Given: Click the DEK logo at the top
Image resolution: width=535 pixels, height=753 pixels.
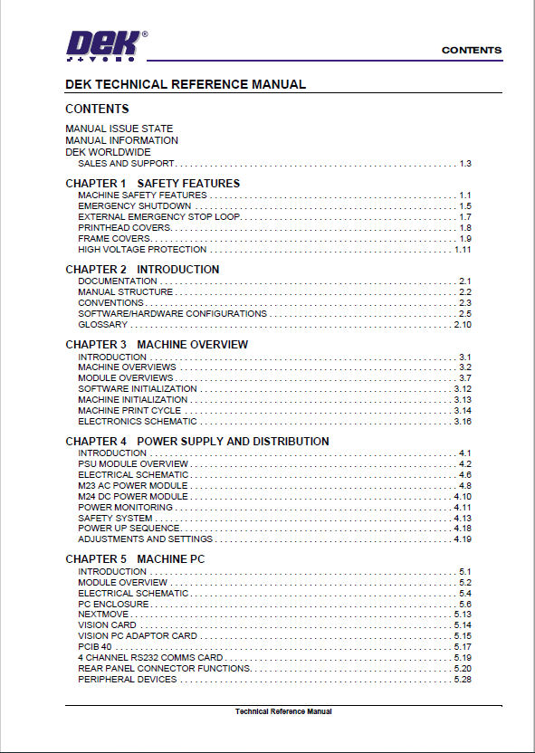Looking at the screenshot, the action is click(x=101, y=44).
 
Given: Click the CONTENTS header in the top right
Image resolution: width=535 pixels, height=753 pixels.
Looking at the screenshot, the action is click(x=471, y=51).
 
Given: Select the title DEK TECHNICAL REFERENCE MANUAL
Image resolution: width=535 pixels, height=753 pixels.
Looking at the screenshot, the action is click(x=186, y=85).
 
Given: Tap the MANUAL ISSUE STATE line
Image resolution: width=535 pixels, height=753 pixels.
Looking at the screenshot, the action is click(x=119, y=129).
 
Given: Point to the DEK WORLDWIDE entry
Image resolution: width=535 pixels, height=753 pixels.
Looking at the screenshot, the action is click(x=108, y=152).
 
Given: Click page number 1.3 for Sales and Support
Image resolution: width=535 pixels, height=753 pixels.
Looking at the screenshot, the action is click(x=465, y=164).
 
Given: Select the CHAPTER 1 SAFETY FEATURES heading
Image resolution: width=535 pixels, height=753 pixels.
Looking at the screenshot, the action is click(x=152, y=184).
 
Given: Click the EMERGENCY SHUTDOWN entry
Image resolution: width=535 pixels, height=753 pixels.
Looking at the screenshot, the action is click(x=134, y=206).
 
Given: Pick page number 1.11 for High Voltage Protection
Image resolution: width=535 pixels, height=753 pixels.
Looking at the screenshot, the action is click(x=463, y=250).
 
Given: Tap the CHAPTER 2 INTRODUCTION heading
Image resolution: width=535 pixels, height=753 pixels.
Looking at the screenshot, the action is click(x=142, y=270).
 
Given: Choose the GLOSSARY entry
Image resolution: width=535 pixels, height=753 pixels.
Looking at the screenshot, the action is click(x=102, y=325).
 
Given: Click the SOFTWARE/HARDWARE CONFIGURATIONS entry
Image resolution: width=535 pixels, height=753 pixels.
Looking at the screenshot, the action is click(x=172, y=314).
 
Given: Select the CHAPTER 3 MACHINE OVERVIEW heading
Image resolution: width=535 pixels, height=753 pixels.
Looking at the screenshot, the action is click(x=157, y=345).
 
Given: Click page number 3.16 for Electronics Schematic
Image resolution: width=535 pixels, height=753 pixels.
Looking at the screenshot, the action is click(x=463, y=422).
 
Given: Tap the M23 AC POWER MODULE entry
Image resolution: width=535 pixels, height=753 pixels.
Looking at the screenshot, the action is click(x=132, y=486).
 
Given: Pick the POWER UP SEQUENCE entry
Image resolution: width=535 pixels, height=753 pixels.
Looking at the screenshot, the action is click(x=129, y=529).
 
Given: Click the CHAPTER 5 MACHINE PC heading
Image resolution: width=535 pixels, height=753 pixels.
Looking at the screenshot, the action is click(x=135, y=559).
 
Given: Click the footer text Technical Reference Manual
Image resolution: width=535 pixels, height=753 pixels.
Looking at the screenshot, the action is click(x=283, y=712).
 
